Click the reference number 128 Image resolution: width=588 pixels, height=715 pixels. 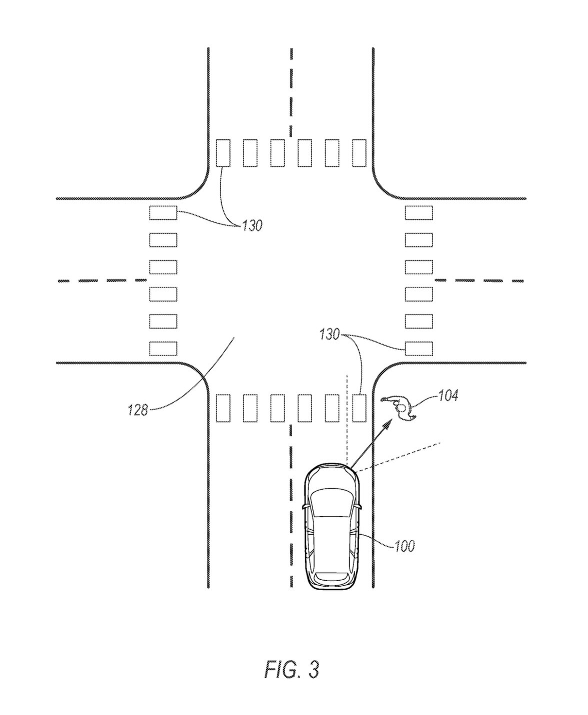tap(138, 410)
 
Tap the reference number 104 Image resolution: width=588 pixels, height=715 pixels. tap(448, 395)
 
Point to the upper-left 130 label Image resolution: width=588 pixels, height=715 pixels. tap(252, 226)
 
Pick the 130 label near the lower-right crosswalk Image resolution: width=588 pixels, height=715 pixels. tap(329, 335)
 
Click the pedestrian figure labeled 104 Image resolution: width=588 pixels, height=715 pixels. tap(400, 408)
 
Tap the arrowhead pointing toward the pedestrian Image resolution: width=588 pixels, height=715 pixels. tap(389, 423)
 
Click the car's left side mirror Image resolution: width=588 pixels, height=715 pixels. tap(305, 516)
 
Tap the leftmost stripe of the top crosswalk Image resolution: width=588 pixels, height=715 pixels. tap(223, 153)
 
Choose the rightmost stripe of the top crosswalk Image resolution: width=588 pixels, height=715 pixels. tap(359, 153)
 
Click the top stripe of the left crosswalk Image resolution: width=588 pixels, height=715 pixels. tap(163, 213)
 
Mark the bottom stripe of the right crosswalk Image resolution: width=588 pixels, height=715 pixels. tap(419, 349)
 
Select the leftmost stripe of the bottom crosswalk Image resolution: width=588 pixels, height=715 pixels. tap(223, 408)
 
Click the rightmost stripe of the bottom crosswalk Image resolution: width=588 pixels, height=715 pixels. tap(359, 408)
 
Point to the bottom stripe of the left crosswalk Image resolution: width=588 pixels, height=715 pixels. tap(163, 349)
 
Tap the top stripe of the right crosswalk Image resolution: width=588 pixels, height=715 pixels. tap(419, 213)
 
